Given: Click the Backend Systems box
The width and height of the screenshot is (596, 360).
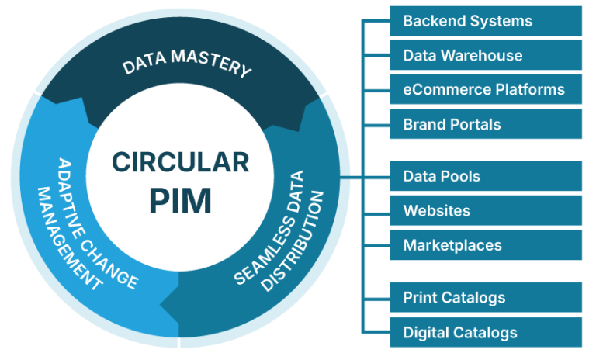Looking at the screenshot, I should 486,21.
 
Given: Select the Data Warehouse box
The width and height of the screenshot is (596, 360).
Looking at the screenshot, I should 486,56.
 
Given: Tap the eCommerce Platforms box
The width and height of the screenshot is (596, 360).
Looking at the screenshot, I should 486,89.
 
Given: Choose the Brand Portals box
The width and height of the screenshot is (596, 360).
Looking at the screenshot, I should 486,124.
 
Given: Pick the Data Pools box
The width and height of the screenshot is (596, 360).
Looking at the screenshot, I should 486,176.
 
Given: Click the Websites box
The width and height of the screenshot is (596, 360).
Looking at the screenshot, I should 486,210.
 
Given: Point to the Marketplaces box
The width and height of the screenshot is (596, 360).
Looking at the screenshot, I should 486,245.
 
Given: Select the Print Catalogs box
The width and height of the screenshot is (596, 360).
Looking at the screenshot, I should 486,297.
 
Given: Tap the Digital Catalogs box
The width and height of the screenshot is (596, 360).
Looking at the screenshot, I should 486,332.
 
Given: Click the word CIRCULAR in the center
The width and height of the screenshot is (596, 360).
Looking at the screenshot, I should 180,162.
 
